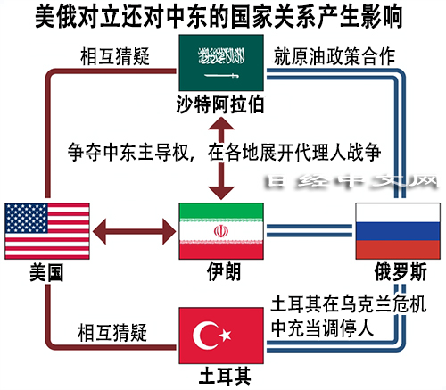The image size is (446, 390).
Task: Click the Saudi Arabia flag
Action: coord(221,62)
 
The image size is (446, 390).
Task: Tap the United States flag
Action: coord(47,231)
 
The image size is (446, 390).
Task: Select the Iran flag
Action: coord(221,231)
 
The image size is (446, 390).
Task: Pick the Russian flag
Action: coord(398,231)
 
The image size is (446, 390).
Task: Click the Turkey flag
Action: coord(221,336)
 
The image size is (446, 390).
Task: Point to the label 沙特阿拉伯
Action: coord(220,104)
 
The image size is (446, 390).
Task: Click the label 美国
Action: coord(46,272)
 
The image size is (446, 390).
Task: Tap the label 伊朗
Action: coord(224,272)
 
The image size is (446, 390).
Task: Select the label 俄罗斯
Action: coord(401,272)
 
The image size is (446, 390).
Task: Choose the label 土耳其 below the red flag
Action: coord(225,376)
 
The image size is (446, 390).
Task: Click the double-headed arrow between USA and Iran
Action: coord(135,231)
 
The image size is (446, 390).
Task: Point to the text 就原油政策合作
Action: coord(334,56)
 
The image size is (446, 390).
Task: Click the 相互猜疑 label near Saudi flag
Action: coord(115,56)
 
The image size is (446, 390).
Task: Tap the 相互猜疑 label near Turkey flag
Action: coord(112,332)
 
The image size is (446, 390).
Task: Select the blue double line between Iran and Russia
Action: coord(310,231)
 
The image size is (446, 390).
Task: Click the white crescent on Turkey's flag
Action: coord(206,336)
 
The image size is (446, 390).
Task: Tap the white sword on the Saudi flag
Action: coord(222,76)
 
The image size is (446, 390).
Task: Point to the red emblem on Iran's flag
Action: coord(221,231)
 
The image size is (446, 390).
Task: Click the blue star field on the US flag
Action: coord(27,218)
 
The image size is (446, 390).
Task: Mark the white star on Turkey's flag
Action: coord(225,336)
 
